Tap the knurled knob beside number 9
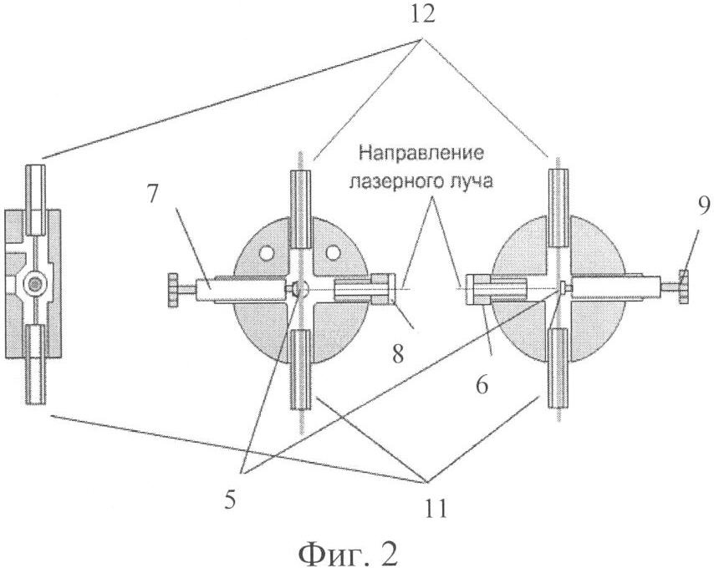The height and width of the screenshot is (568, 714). [682, 287]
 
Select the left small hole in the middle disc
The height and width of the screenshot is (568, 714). [267, 248]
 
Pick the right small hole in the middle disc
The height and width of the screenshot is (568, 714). [334, 248]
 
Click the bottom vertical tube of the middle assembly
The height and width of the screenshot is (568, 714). [301, 368]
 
